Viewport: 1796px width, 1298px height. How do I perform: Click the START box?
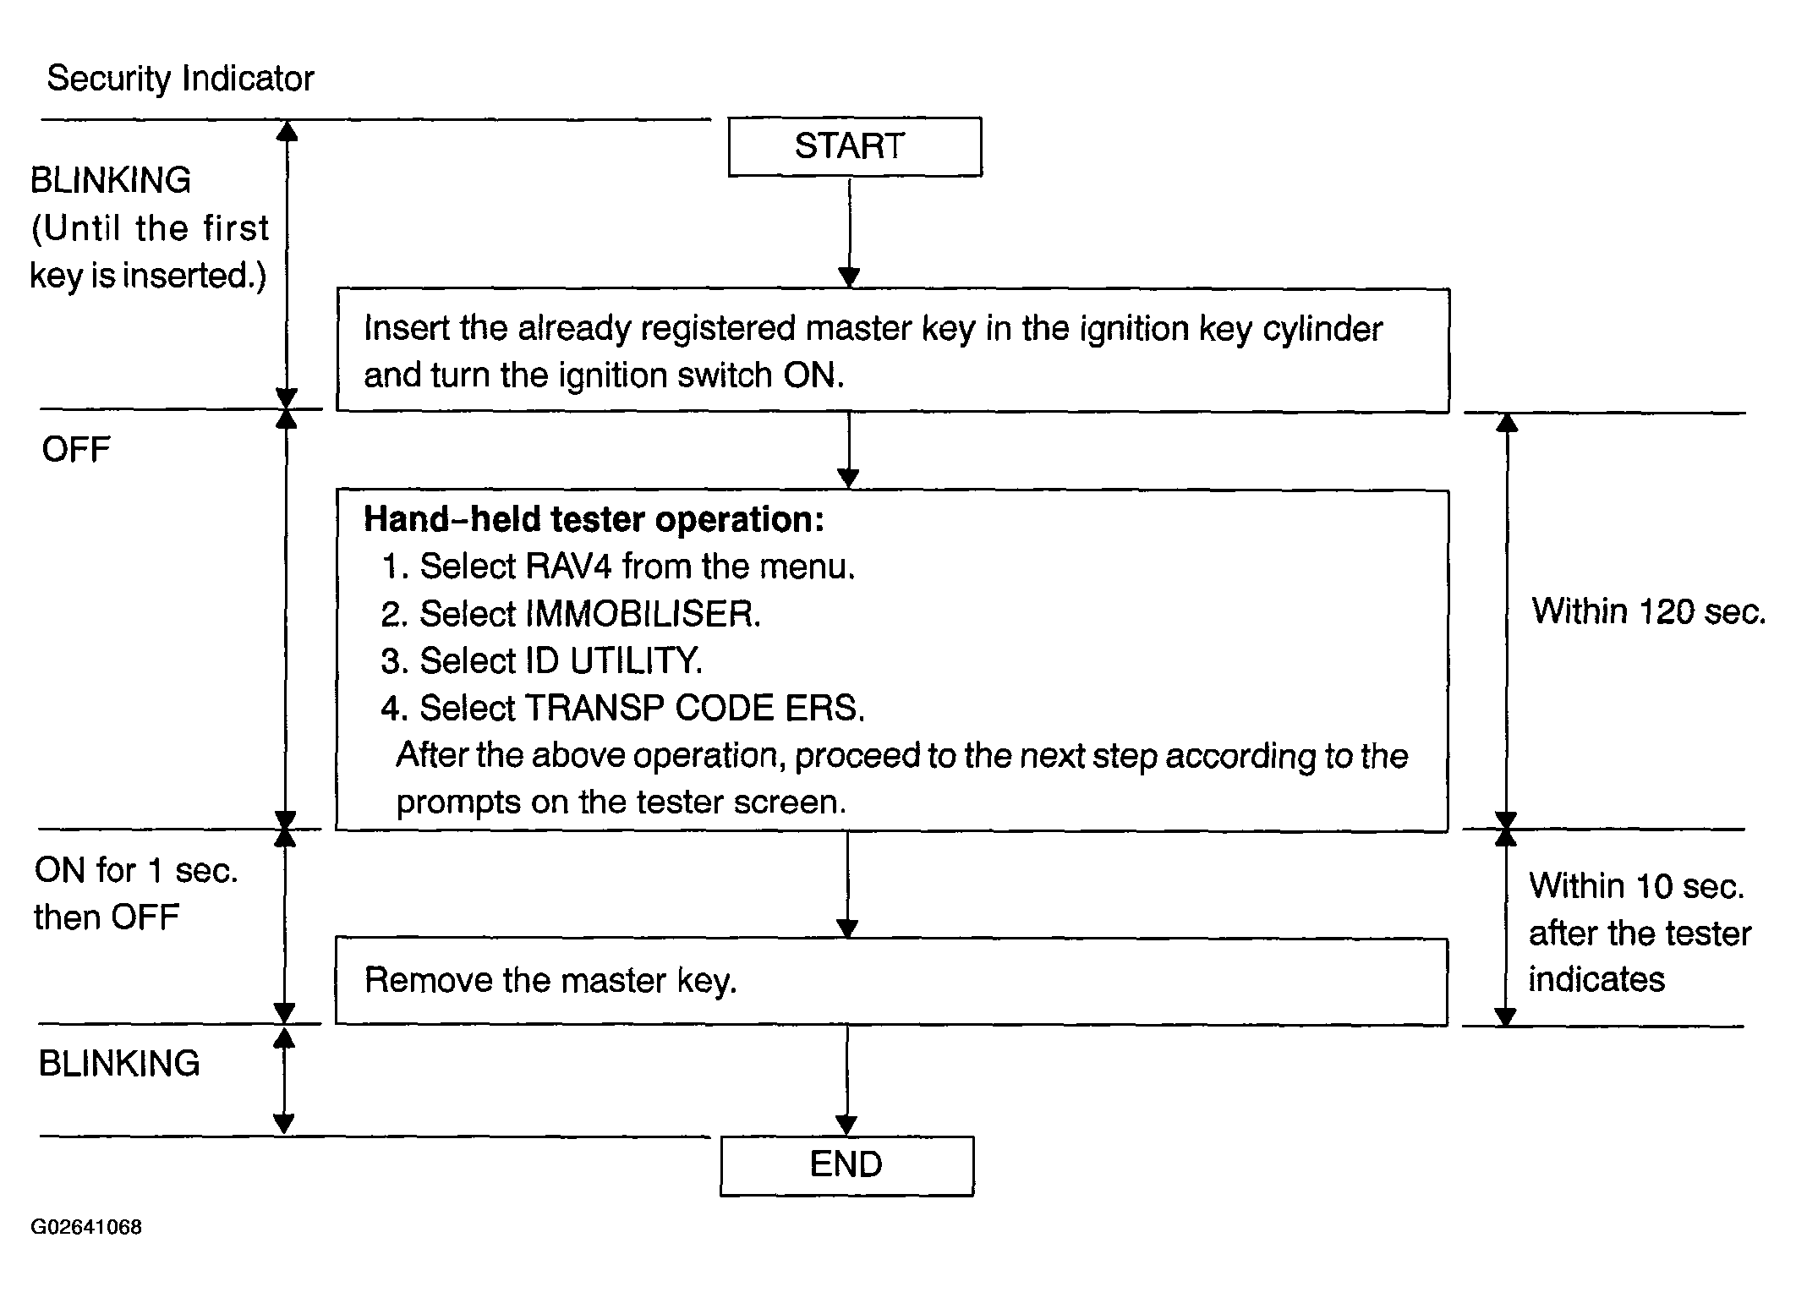tap(855, 147)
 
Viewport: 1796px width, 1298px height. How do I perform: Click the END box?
tap(846, 1166)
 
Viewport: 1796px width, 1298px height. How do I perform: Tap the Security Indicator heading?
tap(180, 79)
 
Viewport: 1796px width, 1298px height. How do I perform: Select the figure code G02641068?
tap(86, 1227)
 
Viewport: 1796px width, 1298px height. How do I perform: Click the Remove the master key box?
tap(891, 981)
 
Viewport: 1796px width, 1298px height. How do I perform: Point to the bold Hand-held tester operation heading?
tap(594, 519)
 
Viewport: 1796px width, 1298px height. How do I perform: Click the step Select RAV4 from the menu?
tap(618, 567)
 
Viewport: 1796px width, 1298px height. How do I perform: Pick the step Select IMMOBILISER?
tap(571, 614)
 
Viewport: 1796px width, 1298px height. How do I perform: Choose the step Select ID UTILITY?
tap(541, 660)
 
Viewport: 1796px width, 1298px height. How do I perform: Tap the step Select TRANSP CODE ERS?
tap(623, 708)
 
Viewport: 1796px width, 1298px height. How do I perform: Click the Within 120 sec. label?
tap(1649, 611)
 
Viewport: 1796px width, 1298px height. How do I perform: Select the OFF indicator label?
tap(76, 450)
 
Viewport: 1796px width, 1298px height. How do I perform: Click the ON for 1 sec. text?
tap(136, 870)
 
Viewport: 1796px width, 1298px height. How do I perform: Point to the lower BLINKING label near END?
tap(119, 1064)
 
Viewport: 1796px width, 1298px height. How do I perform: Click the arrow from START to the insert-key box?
tap(850, 233)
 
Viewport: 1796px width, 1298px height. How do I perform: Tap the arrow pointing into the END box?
tap(846, 1081)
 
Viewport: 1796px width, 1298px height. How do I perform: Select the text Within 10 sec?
tap(1637, 886)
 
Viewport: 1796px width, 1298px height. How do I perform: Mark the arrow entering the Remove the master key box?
tap(847, 885)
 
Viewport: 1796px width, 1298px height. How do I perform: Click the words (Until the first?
tap(151, 228)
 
